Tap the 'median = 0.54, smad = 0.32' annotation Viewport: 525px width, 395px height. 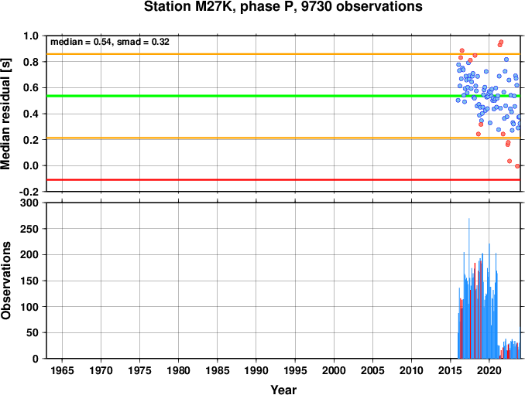(110, 42)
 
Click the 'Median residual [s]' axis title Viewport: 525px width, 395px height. (5, 114)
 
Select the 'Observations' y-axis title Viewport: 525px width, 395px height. (5, 281)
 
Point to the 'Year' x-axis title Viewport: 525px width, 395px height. (283, 390)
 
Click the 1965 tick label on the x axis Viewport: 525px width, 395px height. (62, 370)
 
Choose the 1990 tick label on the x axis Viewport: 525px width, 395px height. (256, 370)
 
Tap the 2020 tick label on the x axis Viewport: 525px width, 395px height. (489, 370)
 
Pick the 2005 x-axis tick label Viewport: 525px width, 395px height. (372, 370)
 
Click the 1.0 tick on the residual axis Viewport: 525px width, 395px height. (31, 36)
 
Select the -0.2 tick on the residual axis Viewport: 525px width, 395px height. (29, 192)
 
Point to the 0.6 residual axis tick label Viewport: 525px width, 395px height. (31, 88)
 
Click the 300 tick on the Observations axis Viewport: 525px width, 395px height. (29, 203)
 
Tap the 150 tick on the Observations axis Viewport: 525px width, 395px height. (29, 281)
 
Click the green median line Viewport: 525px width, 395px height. (283, 97)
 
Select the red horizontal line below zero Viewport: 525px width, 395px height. (283, 180)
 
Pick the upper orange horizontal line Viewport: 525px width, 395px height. (283, 54)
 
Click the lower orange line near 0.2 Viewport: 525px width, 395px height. (283, 138)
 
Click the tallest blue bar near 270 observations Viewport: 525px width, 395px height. (468, 288)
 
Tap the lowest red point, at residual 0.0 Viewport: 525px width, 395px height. (517, 166)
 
